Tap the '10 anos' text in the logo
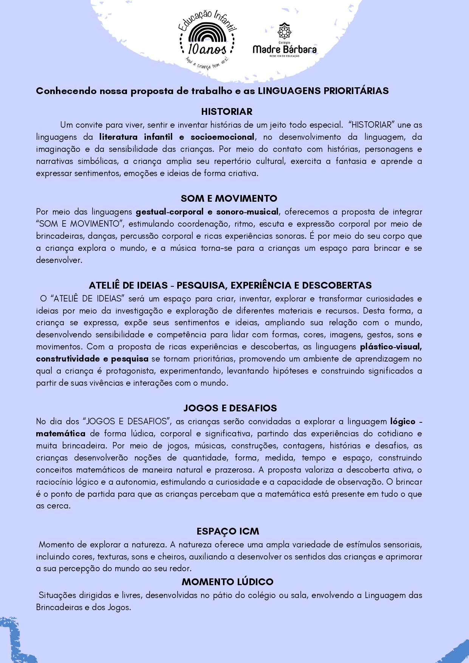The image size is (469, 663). [207, 49]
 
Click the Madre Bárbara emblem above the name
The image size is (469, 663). [284, 31]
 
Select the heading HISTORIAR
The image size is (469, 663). [227, 111]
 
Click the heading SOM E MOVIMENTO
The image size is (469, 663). [229, 198]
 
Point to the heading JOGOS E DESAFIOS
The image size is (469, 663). [230, 408]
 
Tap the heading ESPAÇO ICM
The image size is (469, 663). [228, 531]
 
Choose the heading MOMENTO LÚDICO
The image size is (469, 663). [228, 582]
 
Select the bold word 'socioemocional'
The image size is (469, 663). [222, 137]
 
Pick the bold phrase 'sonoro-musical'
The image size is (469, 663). [247, 212]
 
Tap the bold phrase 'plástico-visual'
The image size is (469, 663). [391, 347]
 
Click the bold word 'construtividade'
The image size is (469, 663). [68, 359]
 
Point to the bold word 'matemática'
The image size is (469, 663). [60, 434]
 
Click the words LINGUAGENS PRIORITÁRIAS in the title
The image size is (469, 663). [323, 91]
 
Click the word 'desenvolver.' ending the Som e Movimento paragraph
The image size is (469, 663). [59, 260]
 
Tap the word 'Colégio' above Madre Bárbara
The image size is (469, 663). [284, 43]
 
